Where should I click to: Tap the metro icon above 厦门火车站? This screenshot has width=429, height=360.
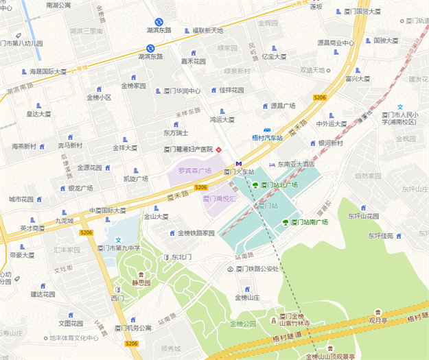(x=238, y=164)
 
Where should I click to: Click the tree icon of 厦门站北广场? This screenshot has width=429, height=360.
(x=255, y=185)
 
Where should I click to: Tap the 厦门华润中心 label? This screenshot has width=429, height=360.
(x=182, y=91)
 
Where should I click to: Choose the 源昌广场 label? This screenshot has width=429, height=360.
(x=283, y=106)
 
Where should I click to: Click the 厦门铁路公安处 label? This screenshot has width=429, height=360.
(x=258, y=269)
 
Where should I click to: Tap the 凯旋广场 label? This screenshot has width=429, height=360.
(x=135, y=179)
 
